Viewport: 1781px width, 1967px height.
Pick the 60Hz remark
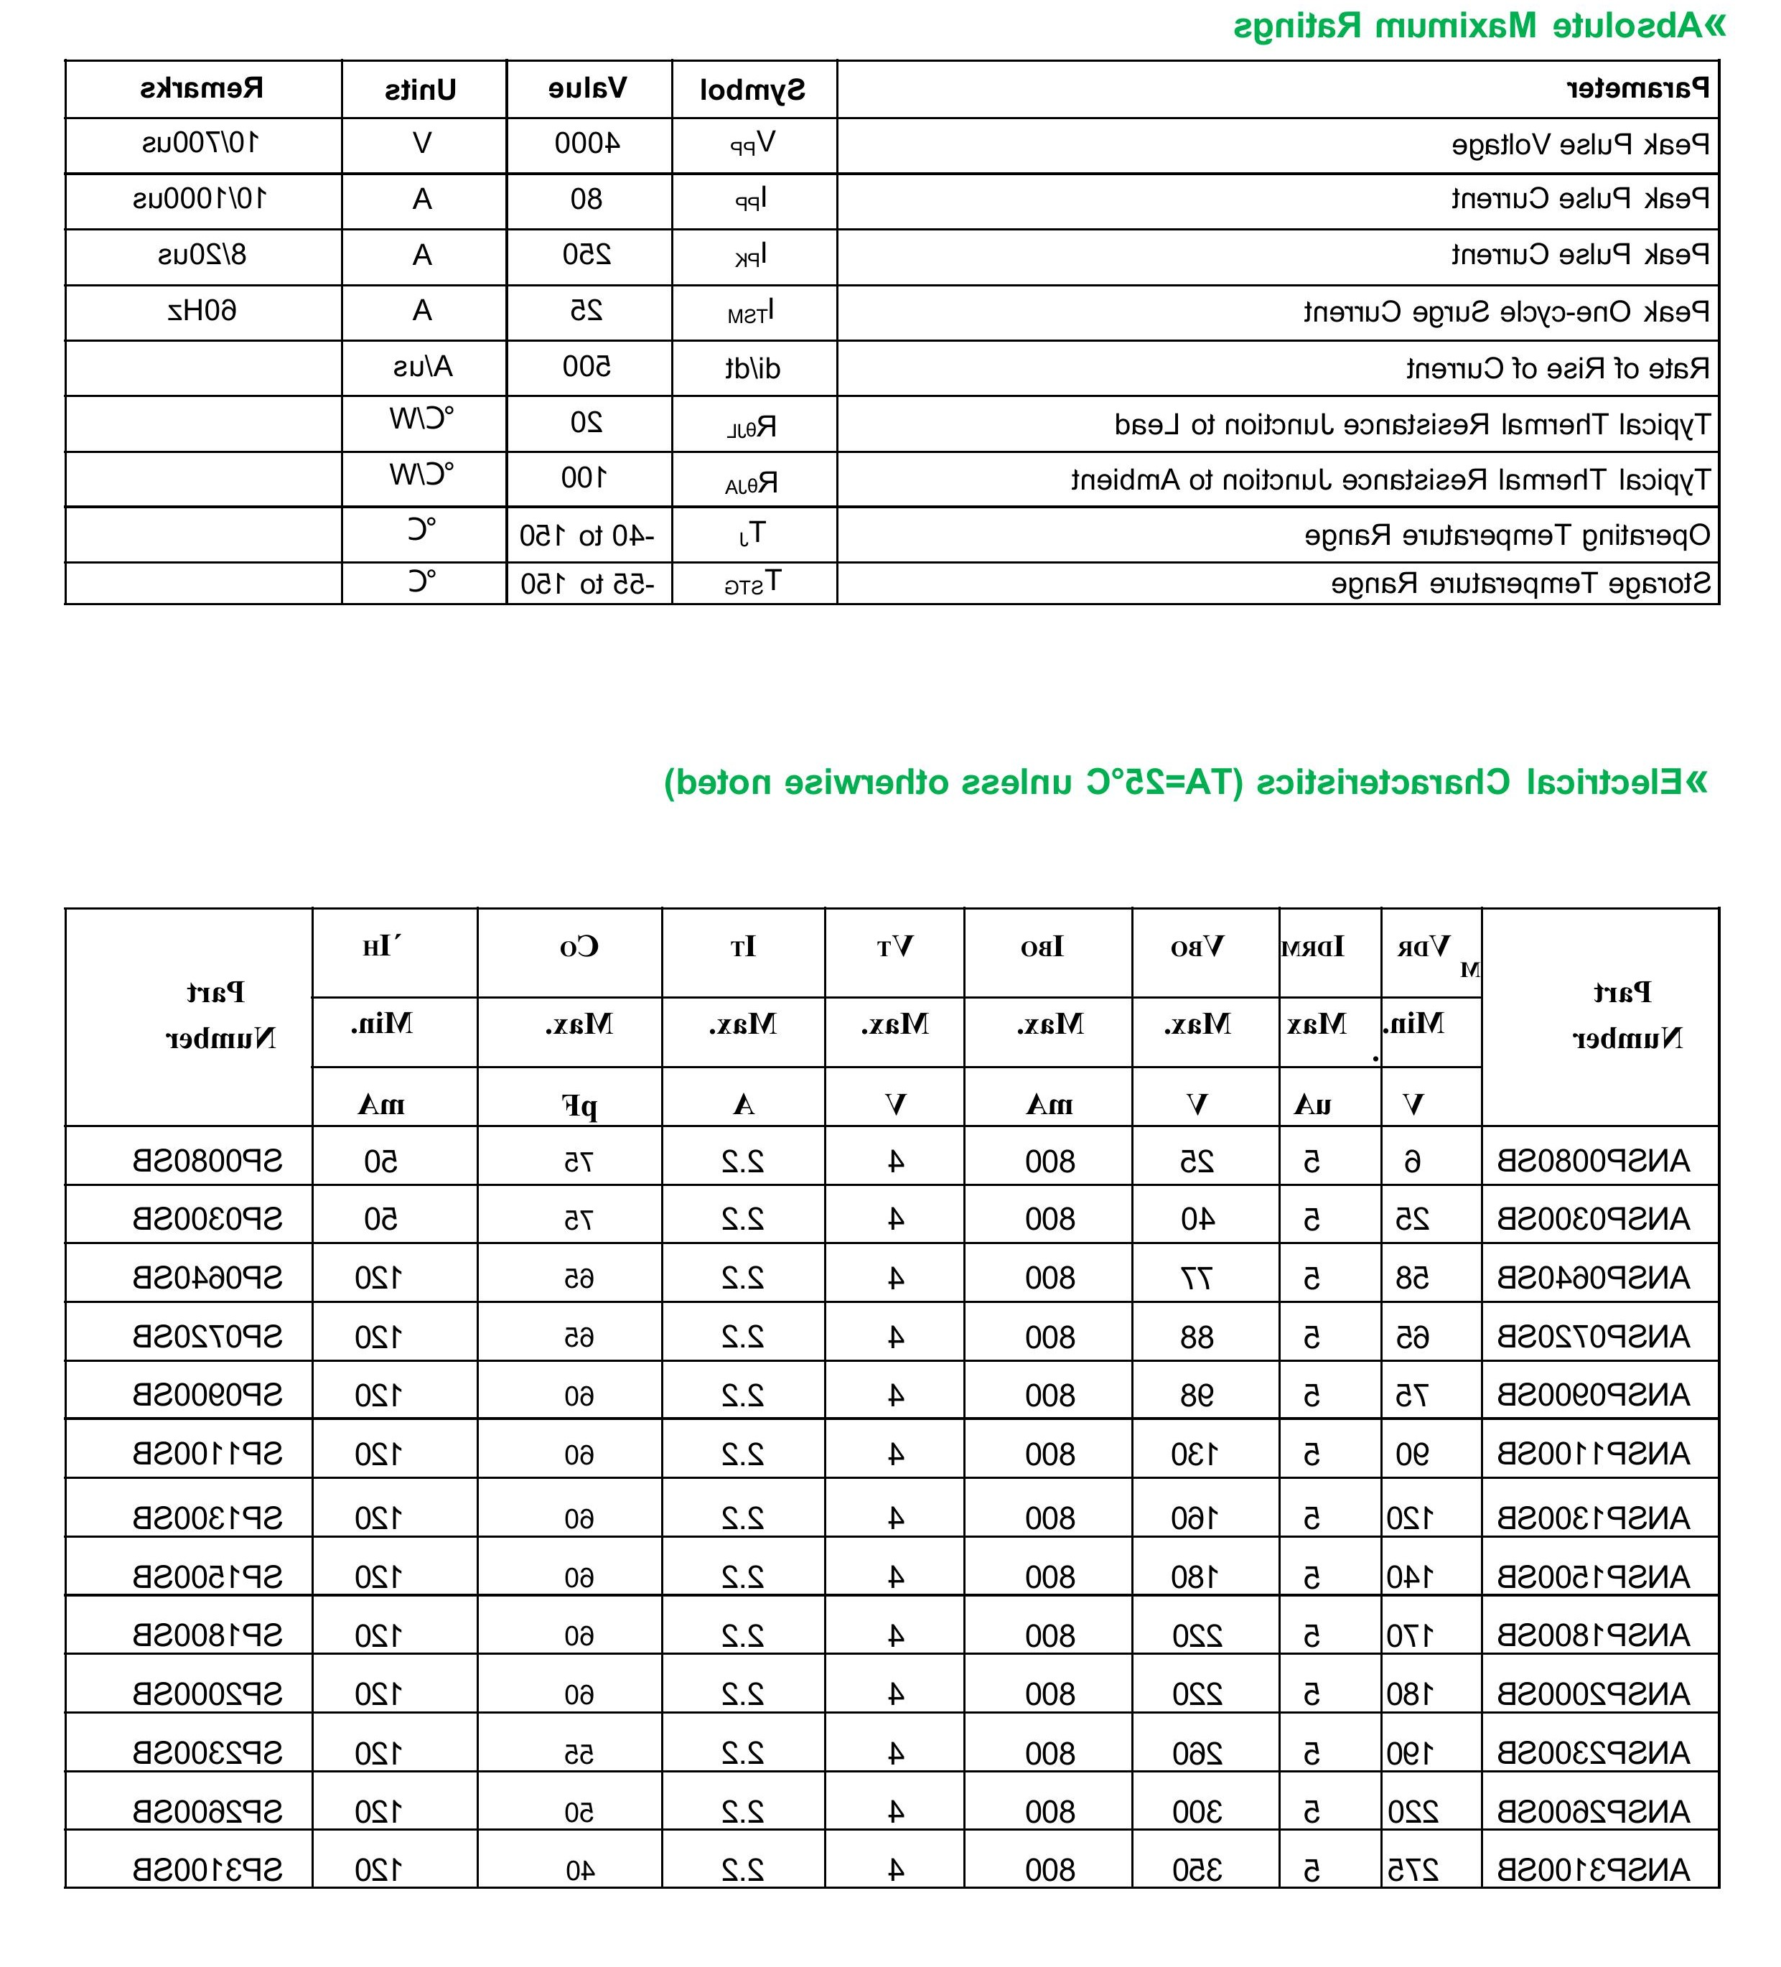202,312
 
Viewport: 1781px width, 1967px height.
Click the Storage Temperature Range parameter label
1520,584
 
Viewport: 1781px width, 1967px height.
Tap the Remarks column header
202,90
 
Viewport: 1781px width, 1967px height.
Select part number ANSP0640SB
1593,1277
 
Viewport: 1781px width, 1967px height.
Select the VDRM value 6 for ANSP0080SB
1412,1161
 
